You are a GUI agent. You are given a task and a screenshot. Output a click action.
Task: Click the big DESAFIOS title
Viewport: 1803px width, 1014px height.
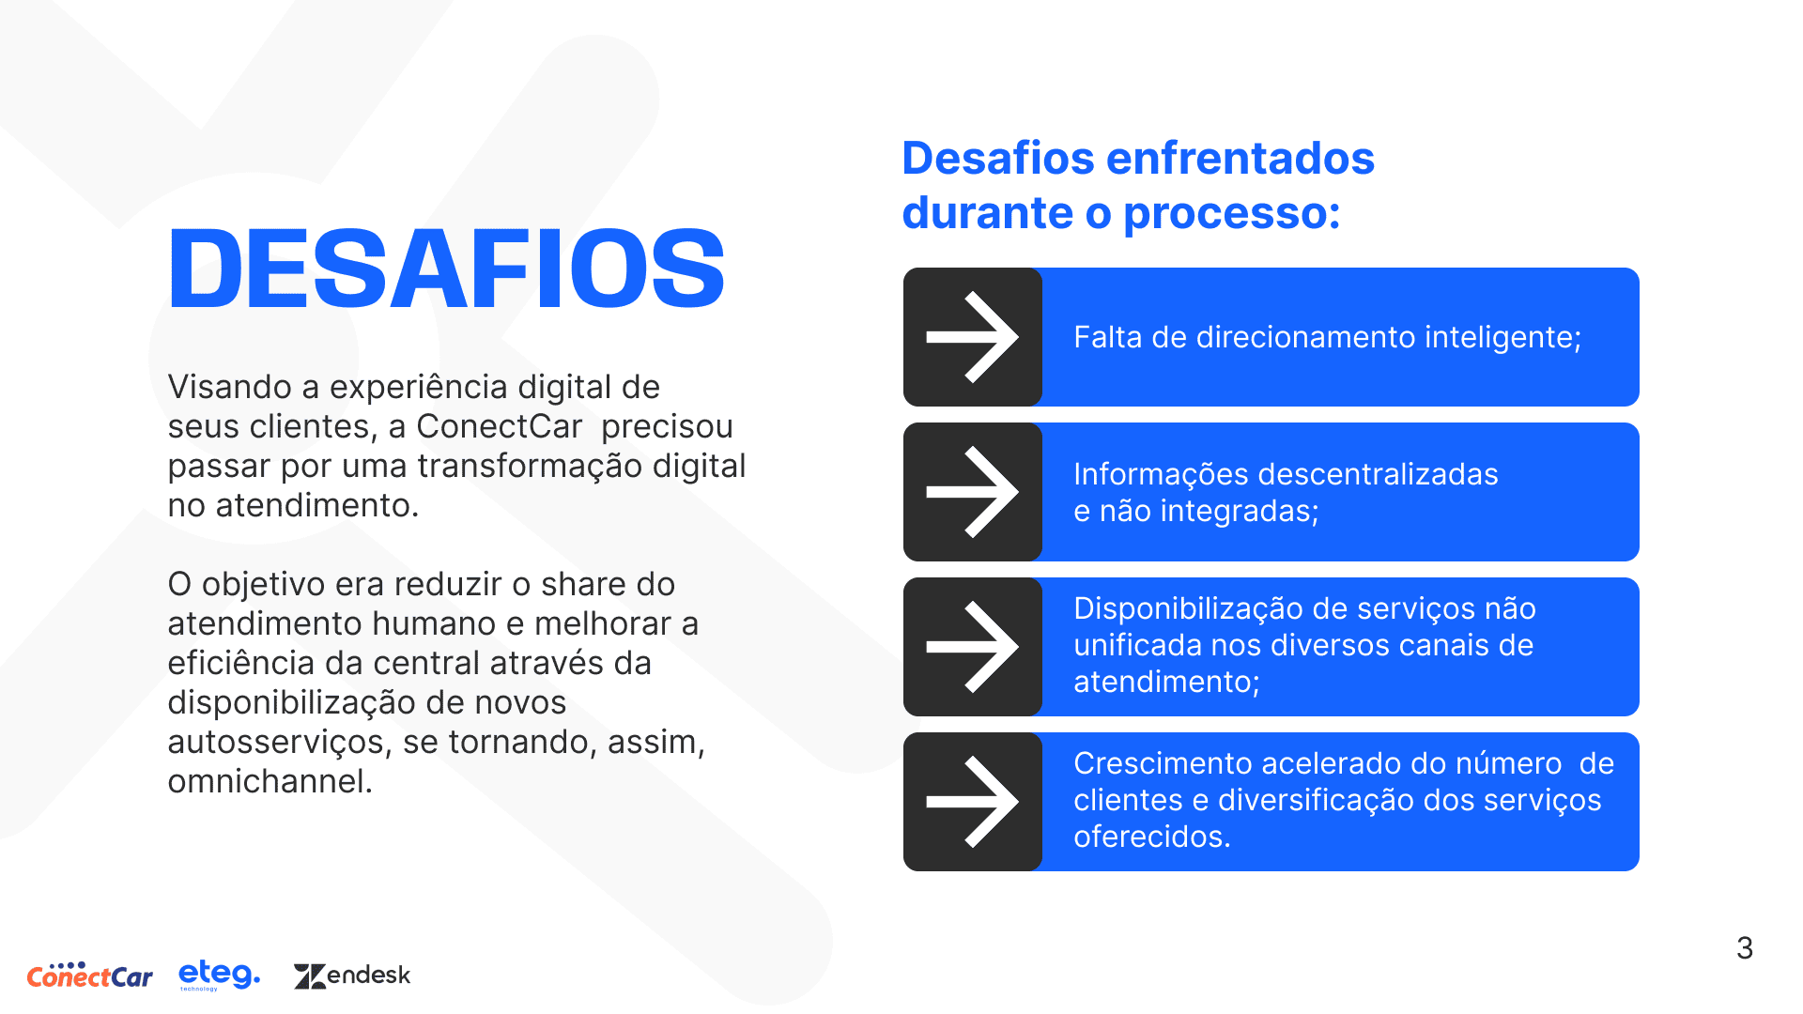tap(446, 269)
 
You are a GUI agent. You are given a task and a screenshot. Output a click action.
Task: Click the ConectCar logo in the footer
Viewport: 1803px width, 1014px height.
tap(90, 976)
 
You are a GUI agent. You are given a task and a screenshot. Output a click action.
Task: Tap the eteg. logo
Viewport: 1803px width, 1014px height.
tap(220, 975)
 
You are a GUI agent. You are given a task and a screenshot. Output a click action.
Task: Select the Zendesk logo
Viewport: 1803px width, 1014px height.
tap(352, 976)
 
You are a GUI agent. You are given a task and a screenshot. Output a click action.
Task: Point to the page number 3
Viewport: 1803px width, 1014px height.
tap(1745, 948)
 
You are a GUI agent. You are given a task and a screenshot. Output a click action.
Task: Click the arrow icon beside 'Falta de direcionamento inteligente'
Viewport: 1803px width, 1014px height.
tap(973, 337)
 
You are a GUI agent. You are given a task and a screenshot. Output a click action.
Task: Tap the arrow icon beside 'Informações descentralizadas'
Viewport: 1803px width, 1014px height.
tap(973, 492)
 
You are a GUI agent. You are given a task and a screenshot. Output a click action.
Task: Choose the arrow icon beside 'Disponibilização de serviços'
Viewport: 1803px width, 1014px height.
tap(973, 647)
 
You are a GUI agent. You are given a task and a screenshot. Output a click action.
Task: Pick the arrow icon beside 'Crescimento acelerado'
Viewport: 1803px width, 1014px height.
tap(973, 802)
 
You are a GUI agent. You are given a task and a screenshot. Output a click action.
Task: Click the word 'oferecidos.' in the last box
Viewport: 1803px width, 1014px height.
tap(1152, 837)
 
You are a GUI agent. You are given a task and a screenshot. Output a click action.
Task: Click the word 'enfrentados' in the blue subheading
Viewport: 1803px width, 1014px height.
tap(1241, 158)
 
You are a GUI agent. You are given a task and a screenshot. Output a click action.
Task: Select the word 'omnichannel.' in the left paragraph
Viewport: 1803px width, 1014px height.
tap(270, 781)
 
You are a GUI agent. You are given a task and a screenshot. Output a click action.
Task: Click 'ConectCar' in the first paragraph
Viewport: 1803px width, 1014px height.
tap(500, 426)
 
